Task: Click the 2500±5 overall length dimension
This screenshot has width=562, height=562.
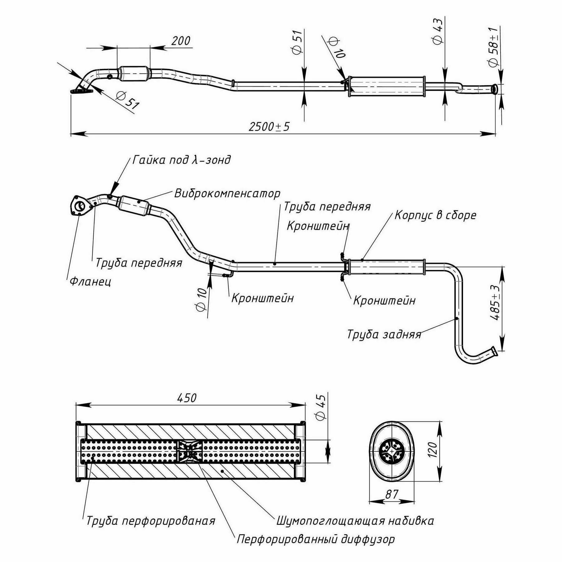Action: click(x=269, y=126)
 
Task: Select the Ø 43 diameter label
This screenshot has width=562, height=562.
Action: click(x=438, y=31)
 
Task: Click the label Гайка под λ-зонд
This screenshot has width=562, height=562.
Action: click(x=182, y=160)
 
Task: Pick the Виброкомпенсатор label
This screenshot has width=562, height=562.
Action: click(x=227, y=194)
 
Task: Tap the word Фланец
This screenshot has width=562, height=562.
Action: click(x=90, y=282)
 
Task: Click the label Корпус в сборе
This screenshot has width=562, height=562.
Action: click(x=435, y=215)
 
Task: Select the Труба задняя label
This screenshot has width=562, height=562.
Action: click(x=384, y=334)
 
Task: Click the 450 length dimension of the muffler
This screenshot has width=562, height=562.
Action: click(x=187, y=398)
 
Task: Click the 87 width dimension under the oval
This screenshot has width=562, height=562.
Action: click(x=392, y=494)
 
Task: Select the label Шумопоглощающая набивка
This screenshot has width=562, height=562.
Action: click(x=355, y=521)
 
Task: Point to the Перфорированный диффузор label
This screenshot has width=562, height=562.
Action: click(x=316, y=539)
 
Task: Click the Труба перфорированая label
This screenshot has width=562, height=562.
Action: click(x=150, y=521)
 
